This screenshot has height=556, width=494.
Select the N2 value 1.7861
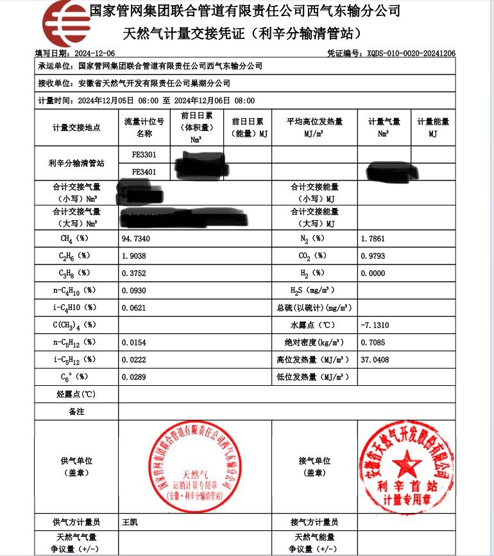click(374, 238)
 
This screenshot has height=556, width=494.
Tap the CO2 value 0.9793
click(374, 256)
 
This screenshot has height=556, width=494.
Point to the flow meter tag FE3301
click(144, 155)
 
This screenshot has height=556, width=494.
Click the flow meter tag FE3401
click(144, 171)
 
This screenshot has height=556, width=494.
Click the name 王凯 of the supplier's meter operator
click(130, 522)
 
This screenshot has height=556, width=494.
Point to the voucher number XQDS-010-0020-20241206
click(411, 53)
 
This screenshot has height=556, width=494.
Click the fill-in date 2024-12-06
click(95, 53)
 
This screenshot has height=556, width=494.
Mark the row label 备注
click(76, 412)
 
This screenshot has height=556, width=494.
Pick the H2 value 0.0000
click(374, 273)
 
